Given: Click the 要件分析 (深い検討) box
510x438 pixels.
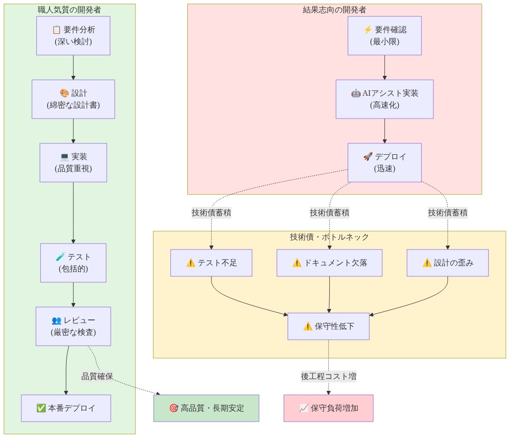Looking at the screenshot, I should (73, 36).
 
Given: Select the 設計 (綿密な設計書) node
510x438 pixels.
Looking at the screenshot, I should (73, 99).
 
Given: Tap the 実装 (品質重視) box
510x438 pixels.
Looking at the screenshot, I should (73, 163).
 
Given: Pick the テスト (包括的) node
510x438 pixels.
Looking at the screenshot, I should (73, 263).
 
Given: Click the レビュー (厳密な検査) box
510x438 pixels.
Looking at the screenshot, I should (73, 326).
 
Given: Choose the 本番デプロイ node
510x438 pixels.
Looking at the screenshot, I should (66, 408).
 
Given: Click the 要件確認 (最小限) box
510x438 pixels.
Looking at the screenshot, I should (384, 36).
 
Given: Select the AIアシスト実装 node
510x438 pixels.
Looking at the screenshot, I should (384, 99).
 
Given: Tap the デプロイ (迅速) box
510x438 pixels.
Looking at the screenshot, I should (384, 163).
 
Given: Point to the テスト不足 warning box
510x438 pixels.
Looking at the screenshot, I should (211, 263).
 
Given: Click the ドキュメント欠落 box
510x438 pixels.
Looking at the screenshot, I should (329, 263).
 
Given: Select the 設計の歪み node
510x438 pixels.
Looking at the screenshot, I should (447, 263).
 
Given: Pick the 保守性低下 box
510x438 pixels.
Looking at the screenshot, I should (328, 326).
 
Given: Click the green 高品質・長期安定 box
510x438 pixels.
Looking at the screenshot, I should (206, 408).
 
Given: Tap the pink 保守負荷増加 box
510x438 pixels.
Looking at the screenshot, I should (328, 408).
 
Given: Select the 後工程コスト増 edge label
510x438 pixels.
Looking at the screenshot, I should (328, 376).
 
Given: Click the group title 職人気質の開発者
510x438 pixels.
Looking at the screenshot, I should (70, 9).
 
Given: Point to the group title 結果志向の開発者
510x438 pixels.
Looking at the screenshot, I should (335, 9).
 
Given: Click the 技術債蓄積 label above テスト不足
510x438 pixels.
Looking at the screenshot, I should (211, 213).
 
